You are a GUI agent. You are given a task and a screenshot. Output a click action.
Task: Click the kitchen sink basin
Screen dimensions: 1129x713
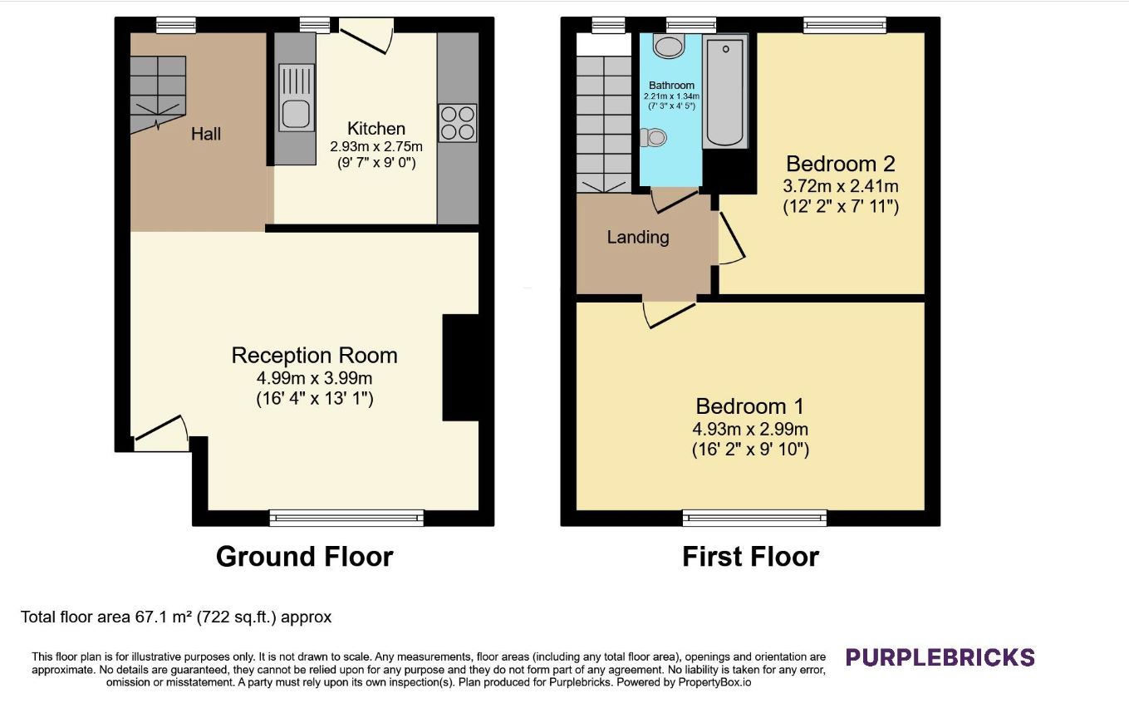(296, 114)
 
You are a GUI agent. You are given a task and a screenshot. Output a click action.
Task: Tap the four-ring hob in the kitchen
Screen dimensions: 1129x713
(458, 123)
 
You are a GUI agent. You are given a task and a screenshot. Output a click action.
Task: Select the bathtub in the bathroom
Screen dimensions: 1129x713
(724, 91)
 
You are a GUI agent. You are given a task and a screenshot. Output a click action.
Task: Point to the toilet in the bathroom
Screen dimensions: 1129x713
(654, 137)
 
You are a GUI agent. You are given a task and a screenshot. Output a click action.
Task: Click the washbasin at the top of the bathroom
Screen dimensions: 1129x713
(668, 46)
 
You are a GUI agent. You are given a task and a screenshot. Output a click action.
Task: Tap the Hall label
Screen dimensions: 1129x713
(206, 134)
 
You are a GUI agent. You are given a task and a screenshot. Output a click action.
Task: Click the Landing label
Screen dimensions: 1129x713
(637, 237)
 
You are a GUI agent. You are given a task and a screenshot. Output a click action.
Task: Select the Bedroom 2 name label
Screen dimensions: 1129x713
(840, 164)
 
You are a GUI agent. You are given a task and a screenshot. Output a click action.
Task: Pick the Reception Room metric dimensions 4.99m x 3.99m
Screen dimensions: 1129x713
(315, 377)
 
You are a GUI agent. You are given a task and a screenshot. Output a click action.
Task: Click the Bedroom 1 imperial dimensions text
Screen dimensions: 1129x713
(750, 450)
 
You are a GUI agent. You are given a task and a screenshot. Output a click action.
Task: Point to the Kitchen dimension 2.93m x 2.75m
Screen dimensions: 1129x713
(376, 147)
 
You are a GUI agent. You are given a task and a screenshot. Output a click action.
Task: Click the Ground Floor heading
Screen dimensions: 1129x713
(304, 557)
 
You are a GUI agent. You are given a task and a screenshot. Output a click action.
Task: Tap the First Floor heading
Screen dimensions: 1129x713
(750, 557)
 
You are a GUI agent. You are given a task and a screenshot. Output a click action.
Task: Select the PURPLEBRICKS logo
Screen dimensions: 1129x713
(940, 657)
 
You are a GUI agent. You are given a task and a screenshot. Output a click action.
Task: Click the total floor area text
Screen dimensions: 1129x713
(176, 617)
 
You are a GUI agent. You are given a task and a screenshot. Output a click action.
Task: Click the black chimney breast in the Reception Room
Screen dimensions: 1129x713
(461, 367)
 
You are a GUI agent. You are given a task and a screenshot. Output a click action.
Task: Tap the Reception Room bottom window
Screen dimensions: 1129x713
(346, 518)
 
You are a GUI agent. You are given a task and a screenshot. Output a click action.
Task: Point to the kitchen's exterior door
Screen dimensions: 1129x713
(366, 36)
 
